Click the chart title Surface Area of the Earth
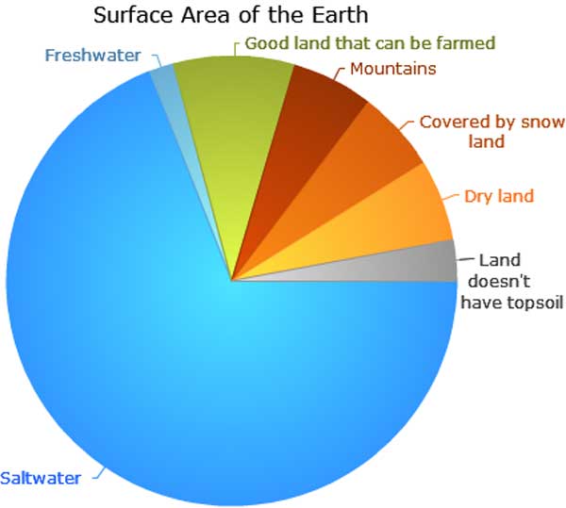pyautogui.click(x=231, y=15)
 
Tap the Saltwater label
pyautogui.click(x=41, y=478)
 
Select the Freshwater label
pyautogui.click(x=92, y=56)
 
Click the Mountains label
pyautogui.click(x=393, y=69)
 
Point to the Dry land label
pyautogui.click(x=499, y=196)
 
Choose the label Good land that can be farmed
pyautogui.click(x=370, y=43)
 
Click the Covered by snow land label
pyautogui.click(x=491, y=132)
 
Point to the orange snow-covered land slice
pyautogui.click(x=354, y=166)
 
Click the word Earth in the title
pyautogui.click(x=340, y=15)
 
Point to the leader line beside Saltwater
pyautogui.click(x=99, y=474)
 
